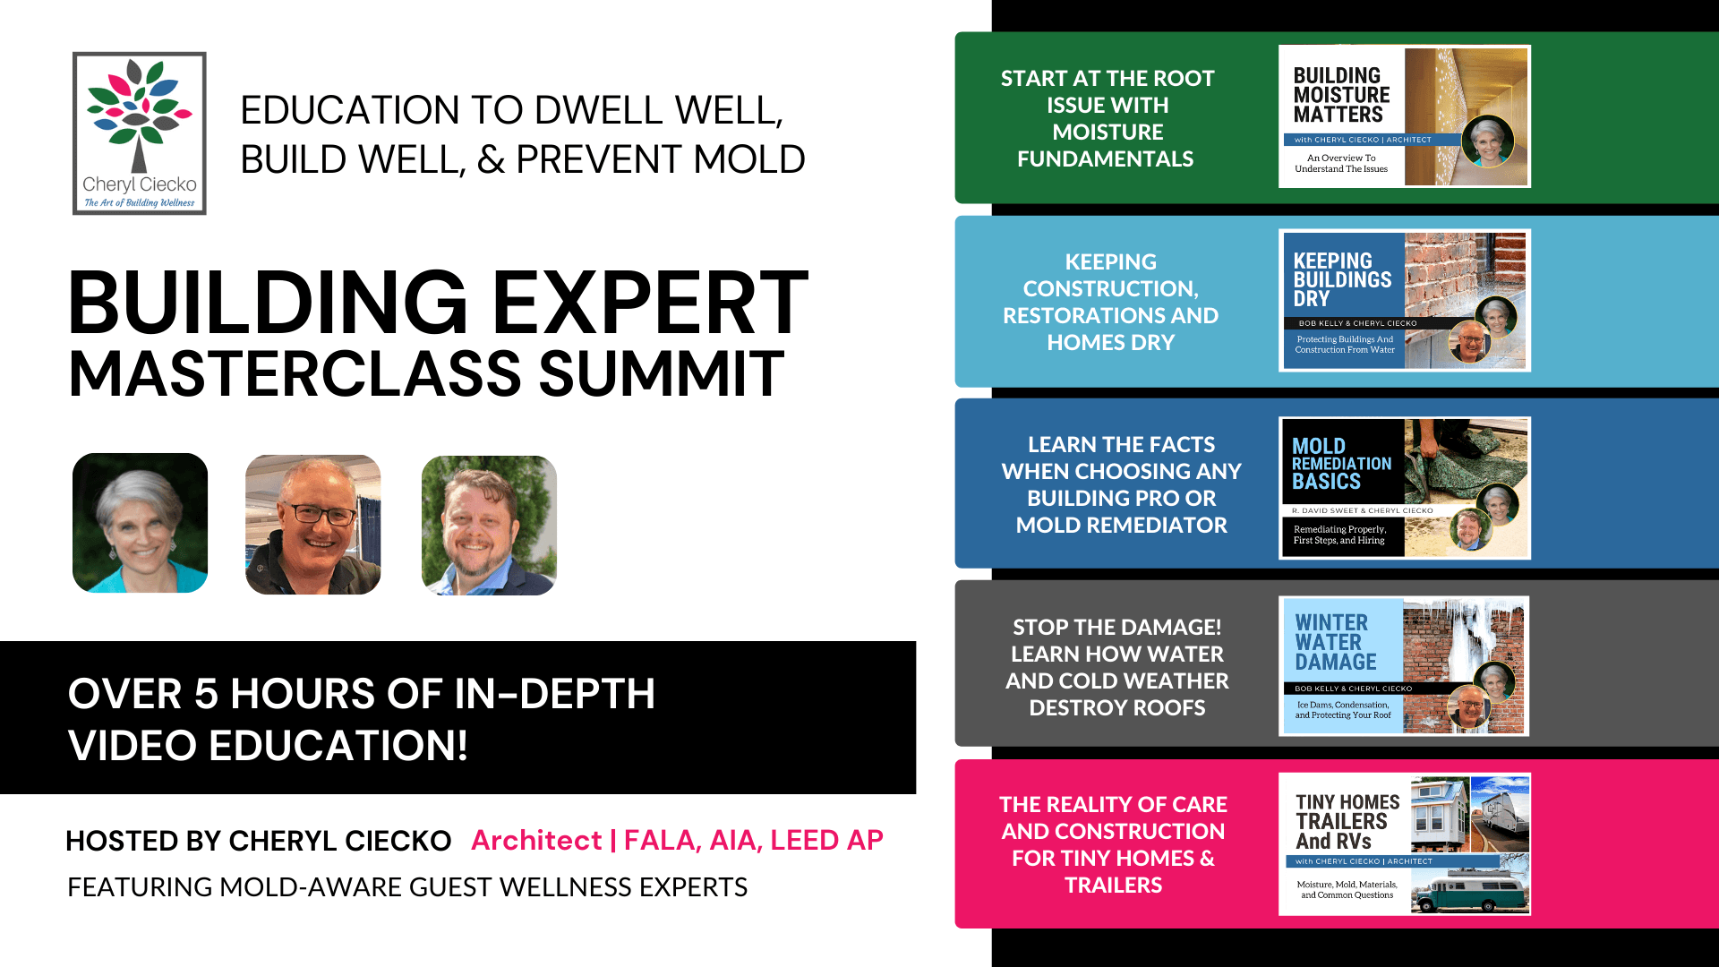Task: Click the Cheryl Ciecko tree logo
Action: point(140,133)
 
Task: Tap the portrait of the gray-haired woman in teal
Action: point(140,523)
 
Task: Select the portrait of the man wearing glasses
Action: point(313,525)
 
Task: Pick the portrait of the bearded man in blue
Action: point(489,526)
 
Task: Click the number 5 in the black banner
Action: point(206,694)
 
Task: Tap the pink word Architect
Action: point(536,840)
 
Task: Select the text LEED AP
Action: point(826,840)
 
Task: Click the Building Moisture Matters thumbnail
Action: point(1404,116)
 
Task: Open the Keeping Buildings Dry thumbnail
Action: point(1404,300)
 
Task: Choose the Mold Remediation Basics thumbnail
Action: point(1404,488)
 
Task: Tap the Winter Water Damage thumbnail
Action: point(1404,666)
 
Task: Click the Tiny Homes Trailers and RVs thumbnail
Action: point(1404,844)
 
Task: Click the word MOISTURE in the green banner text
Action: point(1108,133)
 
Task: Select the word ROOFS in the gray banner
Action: point(1161,708)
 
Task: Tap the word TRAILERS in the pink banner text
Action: point(1113,886)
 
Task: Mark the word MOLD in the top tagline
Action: point(749,159)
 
